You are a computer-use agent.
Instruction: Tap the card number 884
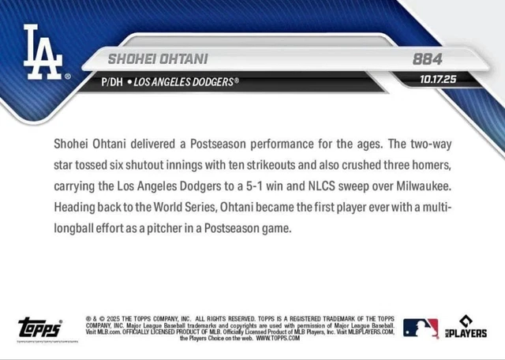tap(427, 59)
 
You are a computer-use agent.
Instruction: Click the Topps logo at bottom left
tap(39, 328)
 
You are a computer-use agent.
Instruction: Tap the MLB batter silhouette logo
tap(421, 328)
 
